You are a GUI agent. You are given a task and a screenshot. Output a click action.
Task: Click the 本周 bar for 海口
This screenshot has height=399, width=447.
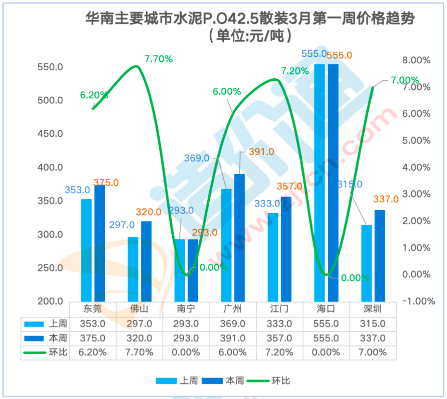[x=333, y=182]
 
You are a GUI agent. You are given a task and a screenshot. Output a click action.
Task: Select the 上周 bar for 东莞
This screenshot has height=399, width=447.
[x=86, y=250]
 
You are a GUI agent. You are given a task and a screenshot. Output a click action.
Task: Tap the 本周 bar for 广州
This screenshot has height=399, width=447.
[x=240, y=238]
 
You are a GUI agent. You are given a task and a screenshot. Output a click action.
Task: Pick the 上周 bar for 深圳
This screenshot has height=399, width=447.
[x=366, y=263]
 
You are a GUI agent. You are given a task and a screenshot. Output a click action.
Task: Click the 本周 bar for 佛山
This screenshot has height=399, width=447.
[x=146, y=261]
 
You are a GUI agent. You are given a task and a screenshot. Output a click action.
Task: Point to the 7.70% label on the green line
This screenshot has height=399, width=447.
[x=159, y=59]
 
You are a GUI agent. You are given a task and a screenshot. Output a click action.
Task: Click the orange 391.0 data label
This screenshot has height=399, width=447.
[x=262, y=152]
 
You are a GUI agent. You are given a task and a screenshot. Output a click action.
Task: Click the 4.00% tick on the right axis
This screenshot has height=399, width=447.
[x=417, y=167]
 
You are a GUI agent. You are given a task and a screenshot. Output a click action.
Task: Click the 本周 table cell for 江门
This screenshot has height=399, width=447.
[x=280, y=338]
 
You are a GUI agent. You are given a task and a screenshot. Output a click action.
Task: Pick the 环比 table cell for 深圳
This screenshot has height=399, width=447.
[x=373, y=352]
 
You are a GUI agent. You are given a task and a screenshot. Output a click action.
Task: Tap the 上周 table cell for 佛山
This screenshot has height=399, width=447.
[x=139, y=324]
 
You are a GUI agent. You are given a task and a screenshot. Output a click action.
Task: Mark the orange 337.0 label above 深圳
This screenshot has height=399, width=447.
[x=386, y=199]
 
